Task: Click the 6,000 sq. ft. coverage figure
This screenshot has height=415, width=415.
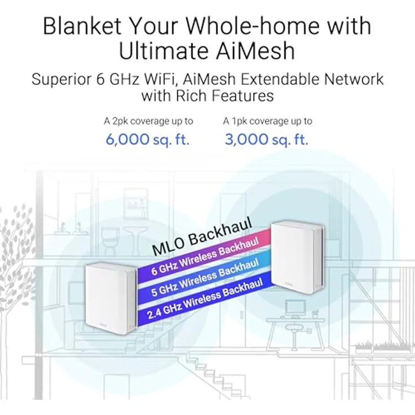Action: pyautogui.click(x=148, y=139)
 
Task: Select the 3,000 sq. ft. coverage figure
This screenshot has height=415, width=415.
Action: pyautogui.click(x=267, y=139)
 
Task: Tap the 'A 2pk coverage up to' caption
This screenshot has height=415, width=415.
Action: pyautogui.click(x=148, y=121)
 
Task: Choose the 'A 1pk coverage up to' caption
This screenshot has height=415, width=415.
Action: pyautogui.click(x=267, y=121)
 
